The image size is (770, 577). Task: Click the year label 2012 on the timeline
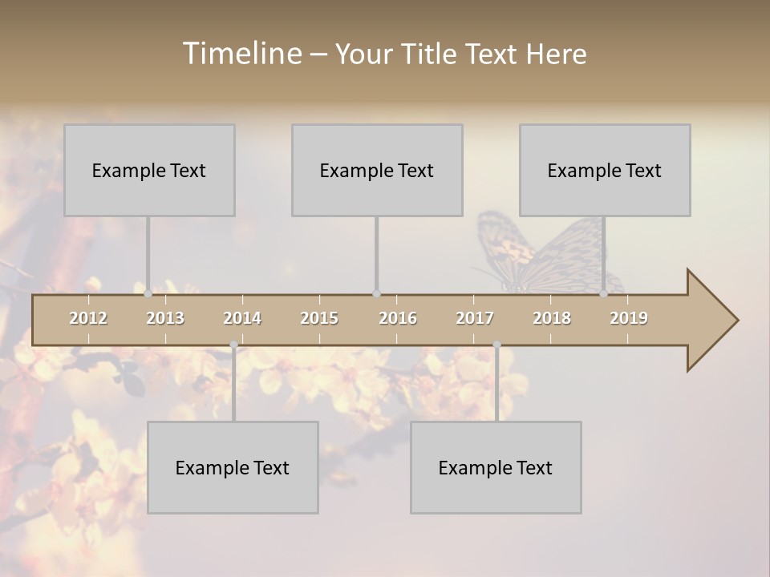(88, 318)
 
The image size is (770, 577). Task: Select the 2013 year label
(165, 318)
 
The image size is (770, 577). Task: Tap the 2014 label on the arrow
(242, 318)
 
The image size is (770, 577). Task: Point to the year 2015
(319, 318)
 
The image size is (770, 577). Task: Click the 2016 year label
(398, 318)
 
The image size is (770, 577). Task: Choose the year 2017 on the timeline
(475, 318)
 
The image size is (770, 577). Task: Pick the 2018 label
(552, 318)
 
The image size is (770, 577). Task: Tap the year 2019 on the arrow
(629, 318)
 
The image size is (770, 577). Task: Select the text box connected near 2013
(149, 170)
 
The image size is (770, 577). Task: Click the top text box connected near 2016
(377, 170)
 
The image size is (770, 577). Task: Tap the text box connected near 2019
(605, 170)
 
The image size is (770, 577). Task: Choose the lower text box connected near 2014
(233, 467)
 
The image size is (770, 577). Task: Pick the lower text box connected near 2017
(496, 467)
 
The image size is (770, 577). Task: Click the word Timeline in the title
(241, 54)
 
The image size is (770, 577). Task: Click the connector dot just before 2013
(148, 294)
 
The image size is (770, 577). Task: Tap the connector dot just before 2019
(603, 294)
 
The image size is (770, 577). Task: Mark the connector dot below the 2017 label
(496, 345)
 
